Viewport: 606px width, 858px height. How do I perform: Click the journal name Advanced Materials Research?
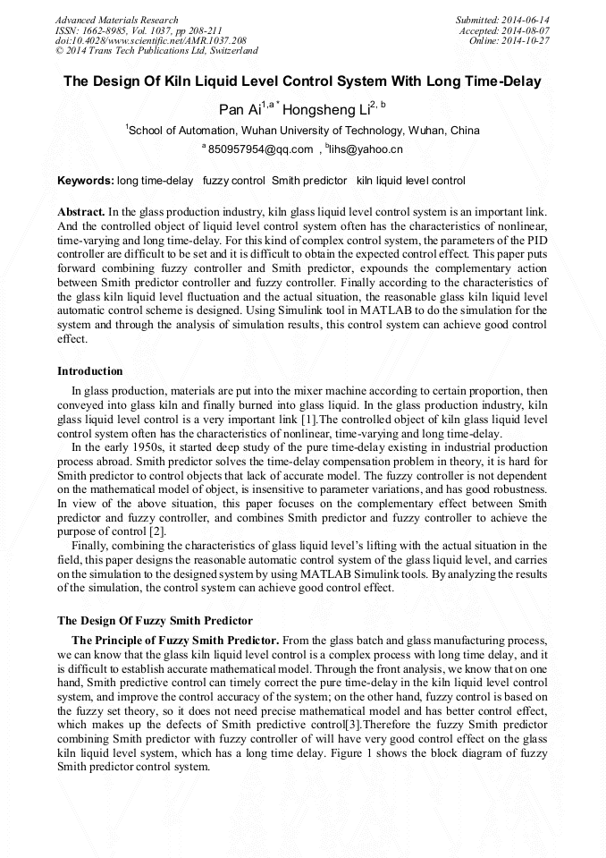pos(116,20)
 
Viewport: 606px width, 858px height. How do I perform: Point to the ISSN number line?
pos(139,30)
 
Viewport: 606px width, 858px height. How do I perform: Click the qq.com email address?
pos(260,149)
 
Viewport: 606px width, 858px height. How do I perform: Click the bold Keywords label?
pos(86,181)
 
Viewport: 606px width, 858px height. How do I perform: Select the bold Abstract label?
pos(80,211)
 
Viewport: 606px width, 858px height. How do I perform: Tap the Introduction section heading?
pos(90,370)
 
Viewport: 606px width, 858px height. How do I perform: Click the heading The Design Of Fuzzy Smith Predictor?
pos(155,620)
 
